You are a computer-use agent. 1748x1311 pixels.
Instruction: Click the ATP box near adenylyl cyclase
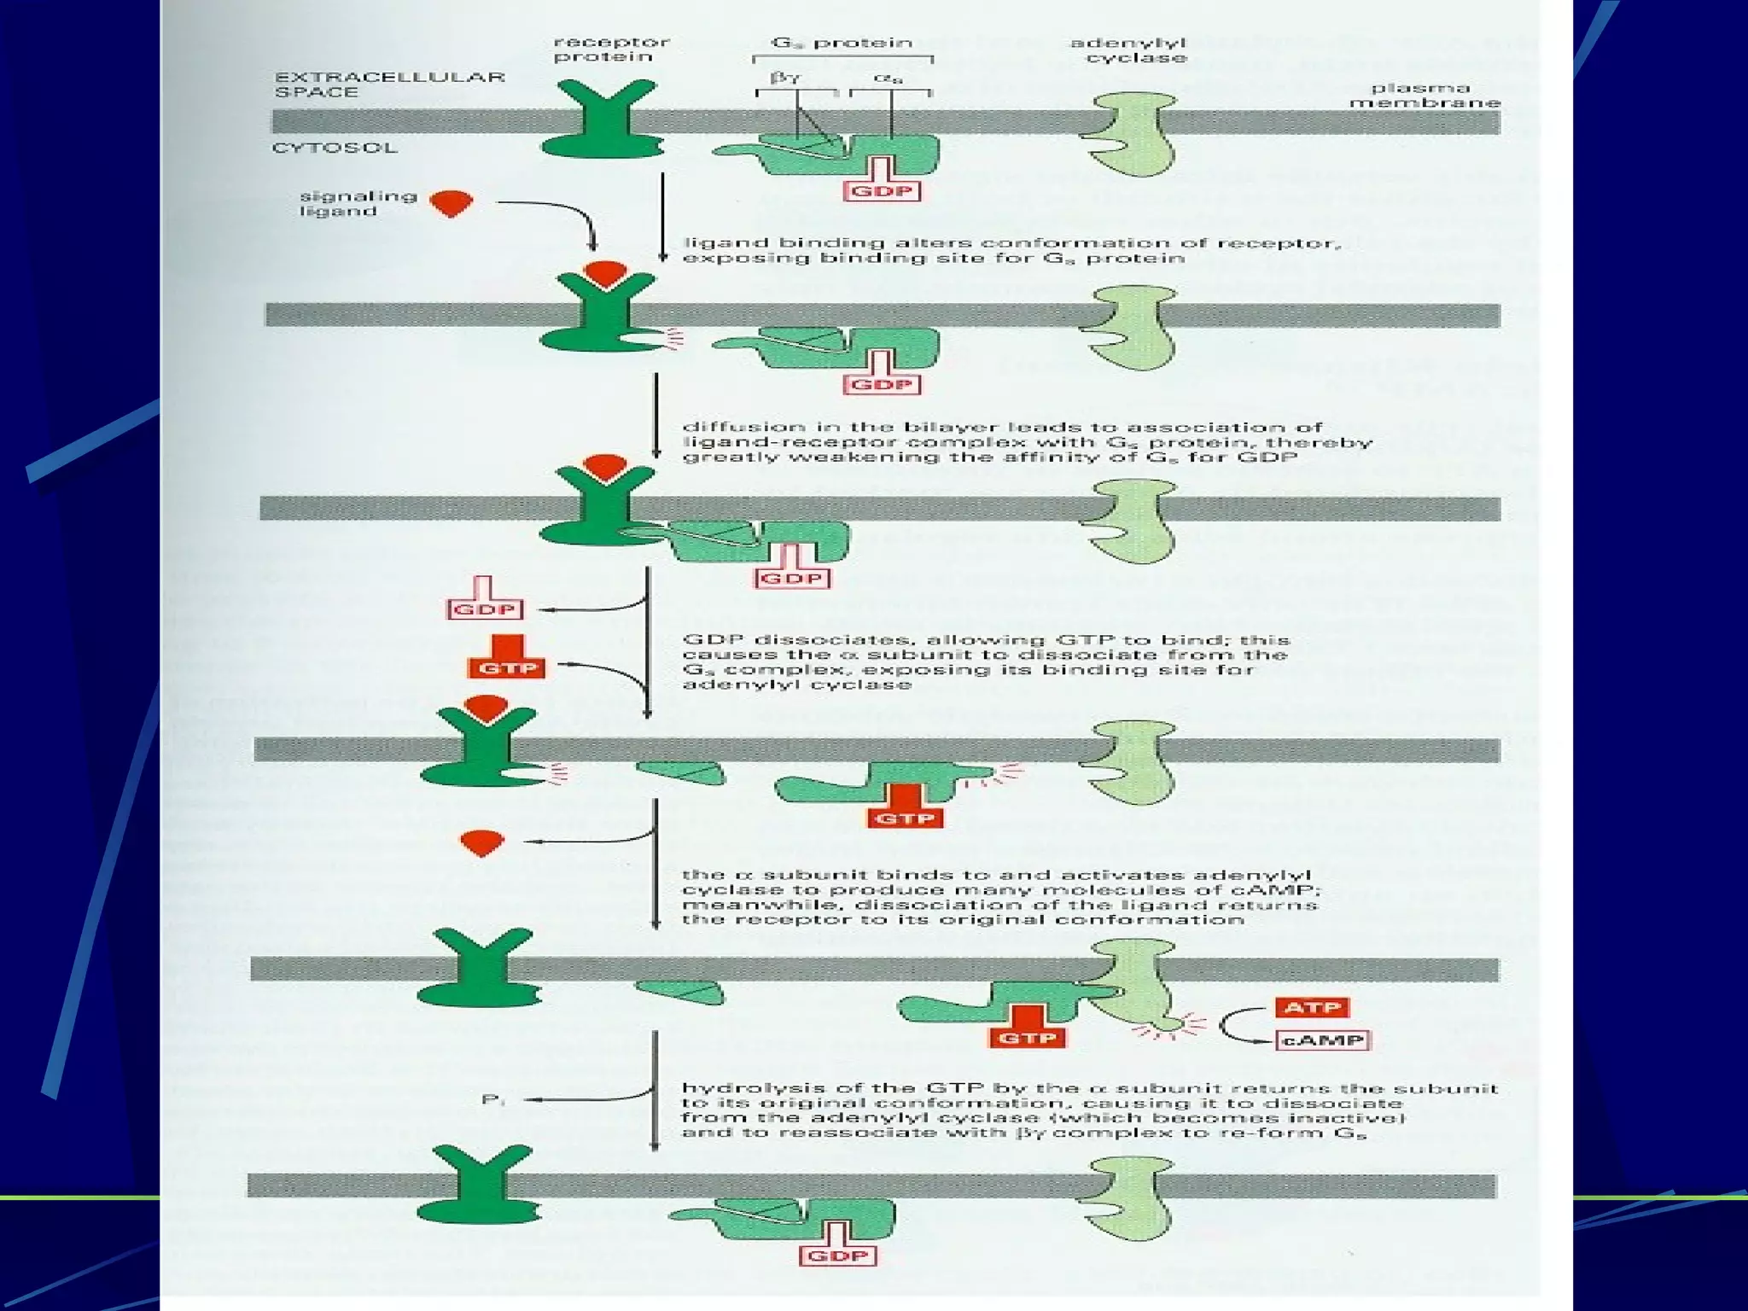pyautogui.click(x=1313, y=1007)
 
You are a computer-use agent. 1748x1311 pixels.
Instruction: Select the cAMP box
pyautogui.click(x=1322, y=1040)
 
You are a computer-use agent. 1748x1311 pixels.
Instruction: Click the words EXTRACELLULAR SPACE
pyautogui.click(x=389, y=84)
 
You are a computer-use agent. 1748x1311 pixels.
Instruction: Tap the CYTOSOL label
pyautogui.click(x=335, y=148)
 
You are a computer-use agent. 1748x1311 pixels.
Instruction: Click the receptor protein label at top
pyautogui.click(x=611, y=50)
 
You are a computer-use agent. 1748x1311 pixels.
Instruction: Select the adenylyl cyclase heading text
pyautogui.click(x=1128, y=50)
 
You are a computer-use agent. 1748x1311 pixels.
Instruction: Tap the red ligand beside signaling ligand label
pyautogui.click(x=451, y=203)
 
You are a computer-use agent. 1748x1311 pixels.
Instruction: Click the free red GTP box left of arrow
pyautogui.click(x=507, y=667)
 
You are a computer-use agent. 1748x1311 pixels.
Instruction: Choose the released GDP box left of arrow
pyautogui.click(x=485, y=609)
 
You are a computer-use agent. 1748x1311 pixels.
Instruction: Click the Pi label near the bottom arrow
pyautogui.click(x=493, y=1100)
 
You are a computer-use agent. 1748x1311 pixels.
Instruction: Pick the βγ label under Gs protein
pyautogui.click(x=784, y=78)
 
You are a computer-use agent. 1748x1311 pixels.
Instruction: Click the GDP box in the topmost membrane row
pyautogui.click(x=883, y=190)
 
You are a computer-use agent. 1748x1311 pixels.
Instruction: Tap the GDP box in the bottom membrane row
pyautogui.click(x=838, y=1256)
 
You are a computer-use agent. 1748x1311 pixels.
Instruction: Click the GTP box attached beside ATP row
pyautogui.click(x=1028, y=1038)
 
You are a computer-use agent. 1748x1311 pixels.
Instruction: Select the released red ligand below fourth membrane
pyautogui.click(x=482, y=842)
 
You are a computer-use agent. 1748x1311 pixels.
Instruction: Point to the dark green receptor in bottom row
pyautogui.click(x=480, y=1190)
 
